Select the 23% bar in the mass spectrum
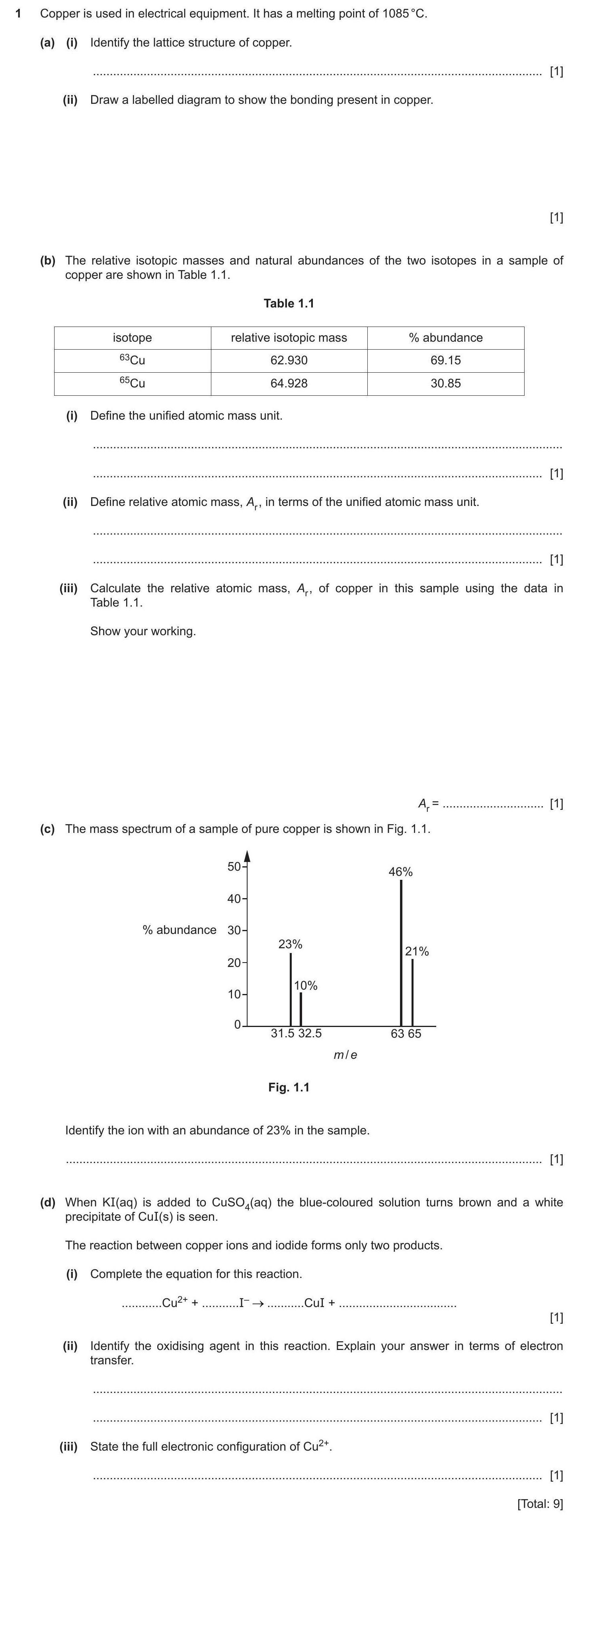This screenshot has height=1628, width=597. [x=290, y=989]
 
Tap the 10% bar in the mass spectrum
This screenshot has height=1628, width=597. [x=300, y=1009]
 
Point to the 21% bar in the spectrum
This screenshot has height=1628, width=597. [x=412, y=992]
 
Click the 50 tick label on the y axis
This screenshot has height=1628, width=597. [x=234, y=866]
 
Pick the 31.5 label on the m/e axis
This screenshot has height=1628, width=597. [x=283, y=1033]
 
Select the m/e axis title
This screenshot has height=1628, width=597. [x=345, y=1055]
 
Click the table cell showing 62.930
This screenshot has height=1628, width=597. [x=289, y=360]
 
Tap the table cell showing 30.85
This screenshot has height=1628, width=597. [x=445, y=383]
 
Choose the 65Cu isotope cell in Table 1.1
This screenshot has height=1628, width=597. [x=132, y=383]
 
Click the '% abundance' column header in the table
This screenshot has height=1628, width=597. [x=445, y=337]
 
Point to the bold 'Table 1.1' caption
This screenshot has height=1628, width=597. [x=289, y=303]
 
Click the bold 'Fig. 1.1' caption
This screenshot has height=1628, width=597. [x=289, y=1087]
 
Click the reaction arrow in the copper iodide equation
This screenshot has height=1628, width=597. [x=258, y=1303]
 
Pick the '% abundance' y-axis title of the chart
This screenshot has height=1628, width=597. [x=179, y=930]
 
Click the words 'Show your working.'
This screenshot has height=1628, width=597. [x=143, y=631]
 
